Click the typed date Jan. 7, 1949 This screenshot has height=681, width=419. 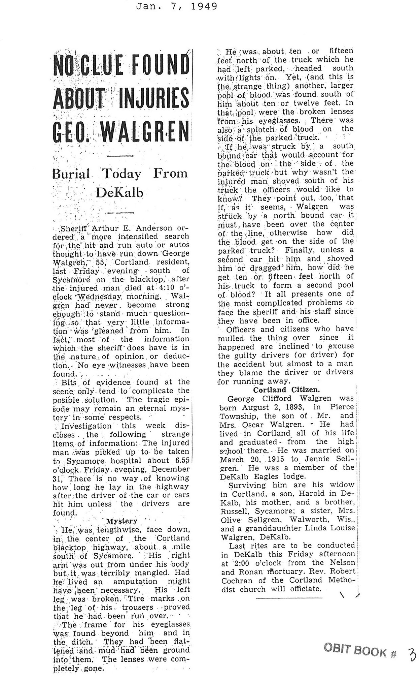point(176,6)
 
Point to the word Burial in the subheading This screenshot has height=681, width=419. point(71,174)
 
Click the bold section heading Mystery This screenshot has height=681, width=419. point(121,521)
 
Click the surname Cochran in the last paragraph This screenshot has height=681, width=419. point(235,581)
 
